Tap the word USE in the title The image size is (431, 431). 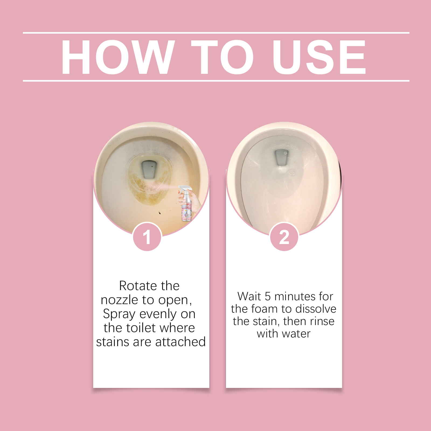tap(319, 57)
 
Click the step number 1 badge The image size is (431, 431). tap(147, 237)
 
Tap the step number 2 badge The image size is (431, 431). tap(284, 237)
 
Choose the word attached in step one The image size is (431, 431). tap(180, 342)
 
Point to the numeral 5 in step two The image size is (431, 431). tap(267, 297)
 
